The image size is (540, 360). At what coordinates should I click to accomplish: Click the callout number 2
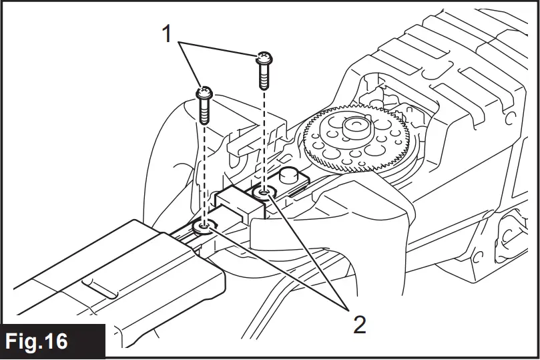coord(359,325)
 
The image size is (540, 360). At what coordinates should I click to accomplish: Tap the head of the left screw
coord(205,93)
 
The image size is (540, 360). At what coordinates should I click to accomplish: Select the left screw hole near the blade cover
coord(204,228)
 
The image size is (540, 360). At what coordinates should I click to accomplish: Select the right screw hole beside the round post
coord(264,193)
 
